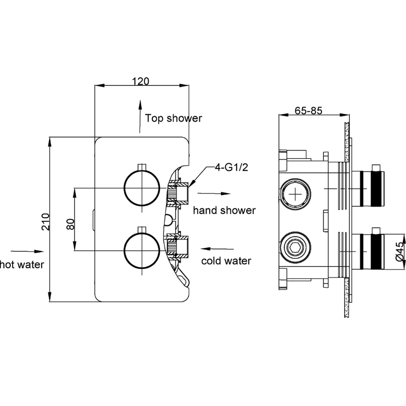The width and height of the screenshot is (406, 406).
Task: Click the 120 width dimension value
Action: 141,81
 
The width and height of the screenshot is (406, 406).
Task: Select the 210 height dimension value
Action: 45,222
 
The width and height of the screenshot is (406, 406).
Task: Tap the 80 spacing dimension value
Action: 71,224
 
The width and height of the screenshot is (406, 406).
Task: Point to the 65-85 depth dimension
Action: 309,111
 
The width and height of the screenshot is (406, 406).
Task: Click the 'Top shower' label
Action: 173,118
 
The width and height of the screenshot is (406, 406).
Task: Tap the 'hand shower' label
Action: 224,210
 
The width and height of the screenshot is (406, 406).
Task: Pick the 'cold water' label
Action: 226,261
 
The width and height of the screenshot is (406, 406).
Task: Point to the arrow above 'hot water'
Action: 27,251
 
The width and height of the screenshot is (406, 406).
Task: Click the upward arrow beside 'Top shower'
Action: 140,117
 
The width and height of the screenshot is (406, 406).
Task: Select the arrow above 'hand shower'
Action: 214,193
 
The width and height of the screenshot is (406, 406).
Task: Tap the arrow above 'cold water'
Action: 217,249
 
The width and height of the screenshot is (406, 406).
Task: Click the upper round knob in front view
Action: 142,188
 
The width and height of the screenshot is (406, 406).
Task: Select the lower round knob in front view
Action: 142,250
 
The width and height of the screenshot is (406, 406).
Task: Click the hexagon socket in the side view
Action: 295,248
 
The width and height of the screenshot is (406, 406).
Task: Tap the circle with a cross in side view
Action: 295,193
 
